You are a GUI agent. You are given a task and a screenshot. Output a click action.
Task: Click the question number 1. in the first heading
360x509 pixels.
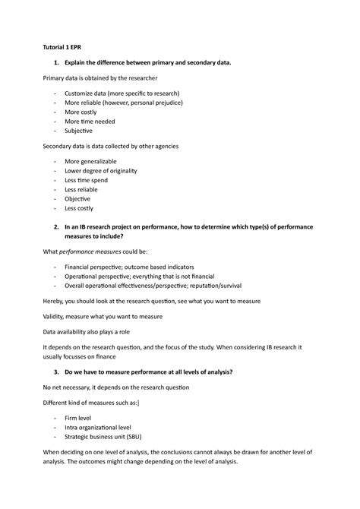click(x=47, y=61)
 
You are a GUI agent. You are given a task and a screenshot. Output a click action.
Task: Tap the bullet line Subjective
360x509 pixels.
click(x=81, y=131)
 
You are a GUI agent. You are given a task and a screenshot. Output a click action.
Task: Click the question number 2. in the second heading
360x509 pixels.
click(x=47, y=227)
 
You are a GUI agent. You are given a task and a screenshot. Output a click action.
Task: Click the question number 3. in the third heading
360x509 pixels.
click(x=47, y=371)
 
